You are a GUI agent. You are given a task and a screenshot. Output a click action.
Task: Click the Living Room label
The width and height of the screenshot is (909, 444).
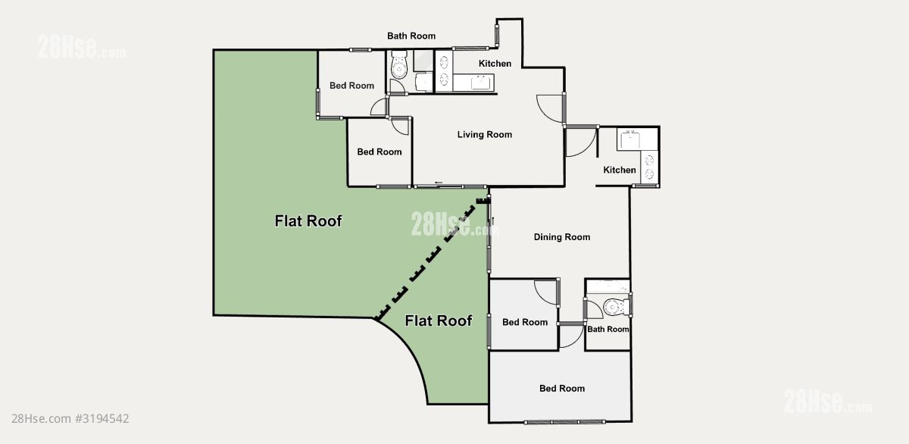click(485, 134)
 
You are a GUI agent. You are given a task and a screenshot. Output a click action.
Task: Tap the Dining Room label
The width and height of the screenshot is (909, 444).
click(561, 237)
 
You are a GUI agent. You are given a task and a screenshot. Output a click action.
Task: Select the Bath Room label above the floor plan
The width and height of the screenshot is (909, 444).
click(411, 36)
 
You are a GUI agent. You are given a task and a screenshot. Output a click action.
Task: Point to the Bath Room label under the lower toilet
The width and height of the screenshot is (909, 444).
click(608, 329)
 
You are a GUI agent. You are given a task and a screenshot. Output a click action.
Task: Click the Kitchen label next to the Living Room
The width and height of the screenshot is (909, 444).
click(495, 64)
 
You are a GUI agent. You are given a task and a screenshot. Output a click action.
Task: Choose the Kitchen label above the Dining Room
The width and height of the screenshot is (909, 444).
click(620, 170)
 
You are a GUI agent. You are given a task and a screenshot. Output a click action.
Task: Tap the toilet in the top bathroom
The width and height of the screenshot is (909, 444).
click(399, 65)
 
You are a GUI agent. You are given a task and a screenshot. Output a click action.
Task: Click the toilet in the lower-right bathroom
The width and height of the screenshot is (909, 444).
click(617, 307)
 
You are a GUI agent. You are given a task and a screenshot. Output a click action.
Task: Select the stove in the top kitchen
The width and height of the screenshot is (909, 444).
click(444, 71)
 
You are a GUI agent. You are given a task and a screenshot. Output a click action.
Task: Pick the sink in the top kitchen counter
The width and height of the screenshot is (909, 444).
click(481, 83)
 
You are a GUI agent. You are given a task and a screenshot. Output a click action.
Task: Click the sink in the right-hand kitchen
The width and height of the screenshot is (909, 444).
click(630, 139)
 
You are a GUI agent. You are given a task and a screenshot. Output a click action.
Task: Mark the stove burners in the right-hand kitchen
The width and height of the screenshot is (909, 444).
click(649, 167)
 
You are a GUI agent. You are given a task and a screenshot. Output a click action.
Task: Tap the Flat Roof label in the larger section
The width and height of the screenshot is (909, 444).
click(308, 221)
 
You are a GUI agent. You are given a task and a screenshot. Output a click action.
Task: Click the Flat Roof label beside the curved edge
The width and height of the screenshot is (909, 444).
click(439, 320)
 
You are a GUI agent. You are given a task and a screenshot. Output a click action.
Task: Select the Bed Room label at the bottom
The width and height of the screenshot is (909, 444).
click(561, 389)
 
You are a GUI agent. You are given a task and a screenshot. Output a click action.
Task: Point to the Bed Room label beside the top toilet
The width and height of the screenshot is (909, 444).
click(351, 86)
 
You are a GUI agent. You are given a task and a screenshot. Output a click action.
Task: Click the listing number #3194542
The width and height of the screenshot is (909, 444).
click(102, 418)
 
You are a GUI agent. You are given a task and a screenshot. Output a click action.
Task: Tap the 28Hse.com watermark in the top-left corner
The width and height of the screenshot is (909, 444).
click(82, 47)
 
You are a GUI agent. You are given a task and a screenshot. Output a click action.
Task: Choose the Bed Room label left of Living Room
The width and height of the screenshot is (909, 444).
click(379, 152)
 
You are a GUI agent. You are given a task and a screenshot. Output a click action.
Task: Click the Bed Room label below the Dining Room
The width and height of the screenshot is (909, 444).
click(525, 322)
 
